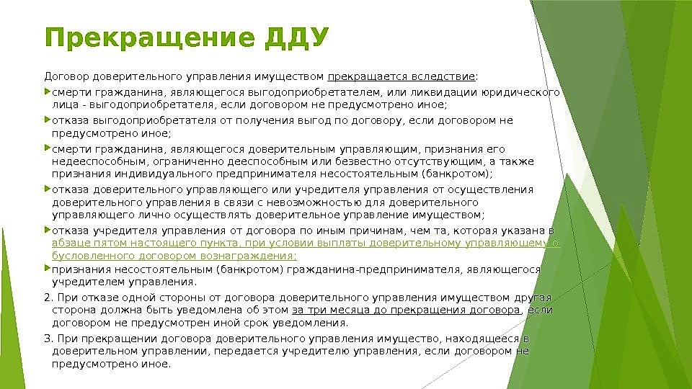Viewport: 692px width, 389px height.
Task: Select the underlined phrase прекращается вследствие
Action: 402,76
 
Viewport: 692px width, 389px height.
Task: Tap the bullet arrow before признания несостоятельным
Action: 48,269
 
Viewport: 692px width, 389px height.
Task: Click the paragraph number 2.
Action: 48,298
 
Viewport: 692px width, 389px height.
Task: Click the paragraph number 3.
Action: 48,339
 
